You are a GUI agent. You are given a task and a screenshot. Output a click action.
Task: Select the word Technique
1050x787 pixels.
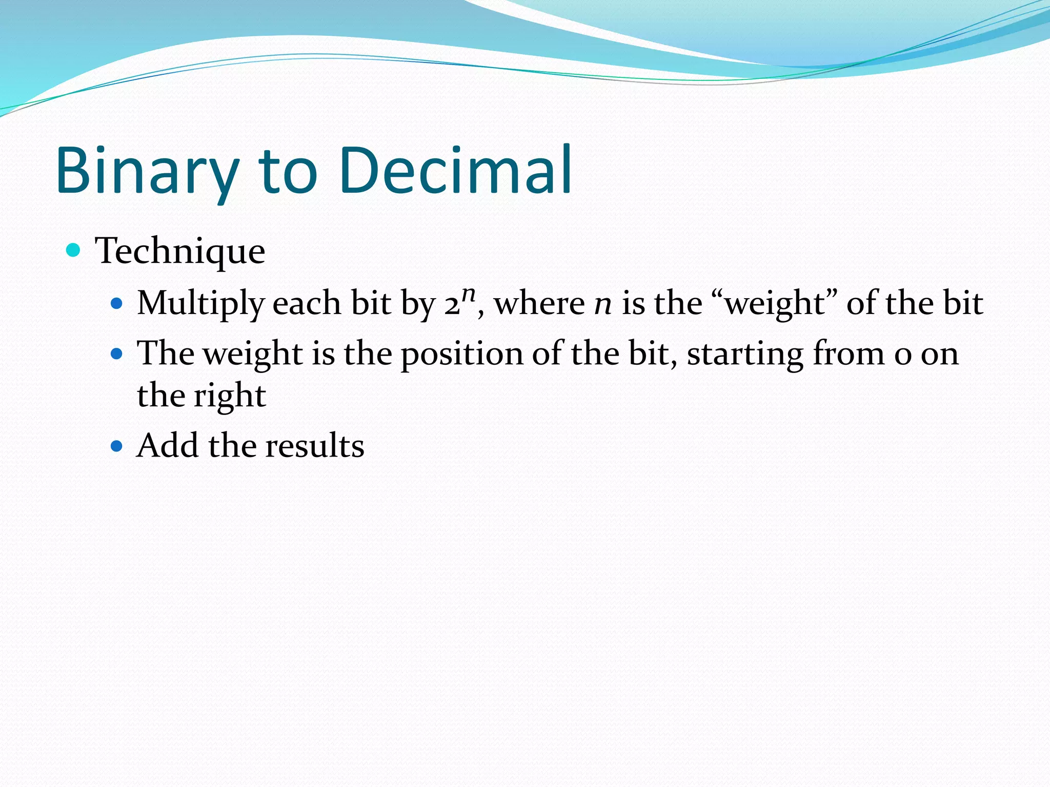pos(180,251)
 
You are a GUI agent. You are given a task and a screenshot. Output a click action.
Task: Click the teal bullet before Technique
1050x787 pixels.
pos(74,250)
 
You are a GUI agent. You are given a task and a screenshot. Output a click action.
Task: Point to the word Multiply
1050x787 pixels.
pos(200,303)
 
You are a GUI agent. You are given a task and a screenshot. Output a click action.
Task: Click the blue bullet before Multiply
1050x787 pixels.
pos(117,303)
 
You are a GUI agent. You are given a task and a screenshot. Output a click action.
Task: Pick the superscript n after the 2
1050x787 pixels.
pos(469,294)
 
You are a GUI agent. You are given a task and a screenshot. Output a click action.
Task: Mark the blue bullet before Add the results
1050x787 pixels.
pos(117,446)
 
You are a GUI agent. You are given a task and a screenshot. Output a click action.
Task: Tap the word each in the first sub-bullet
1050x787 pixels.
pos(307,303)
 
